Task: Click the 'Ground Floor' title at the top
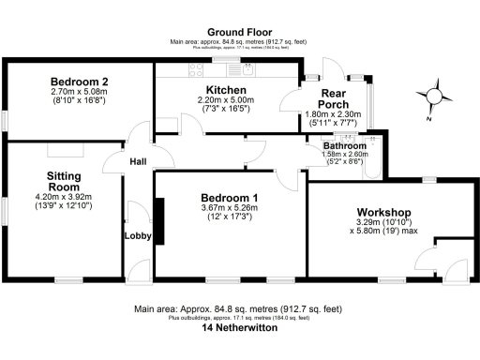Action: point(240,32)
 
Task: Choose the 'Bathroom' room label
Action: point(345,146)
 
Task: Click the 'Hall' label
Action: point(138,162)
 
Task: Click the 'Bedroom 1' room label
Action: point(230,198)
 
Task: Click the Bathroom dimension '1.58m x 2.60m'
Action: point(345,155)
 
